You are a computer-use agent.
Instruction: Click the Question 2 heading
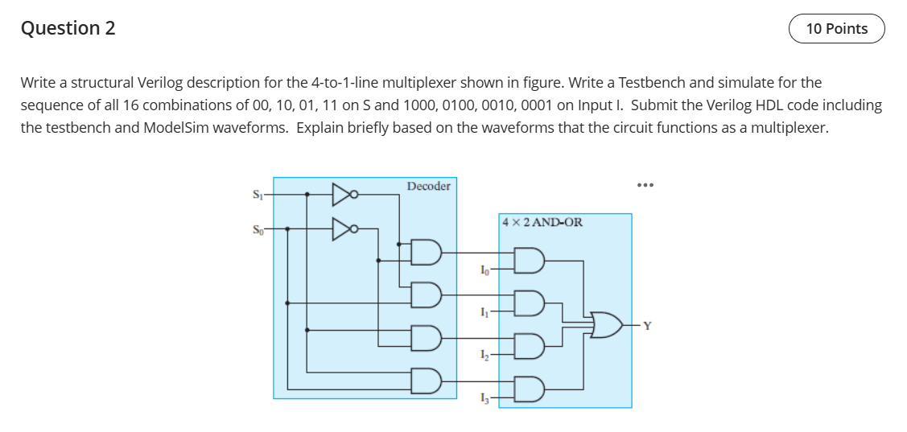68,28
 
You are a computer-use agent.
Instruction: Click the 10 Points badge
836,29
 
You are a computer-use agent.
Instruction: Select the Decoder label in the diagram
428,187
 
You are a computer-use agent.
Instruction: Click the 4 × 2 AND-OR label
542,222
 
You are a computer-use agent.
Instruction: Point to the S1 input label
258,194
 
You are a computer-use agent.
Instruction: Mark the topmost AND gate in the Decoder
427,253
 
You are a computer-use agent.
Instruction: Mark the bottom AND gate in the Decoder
427,380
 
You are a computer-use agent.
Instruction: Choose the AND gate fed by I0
532,261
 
